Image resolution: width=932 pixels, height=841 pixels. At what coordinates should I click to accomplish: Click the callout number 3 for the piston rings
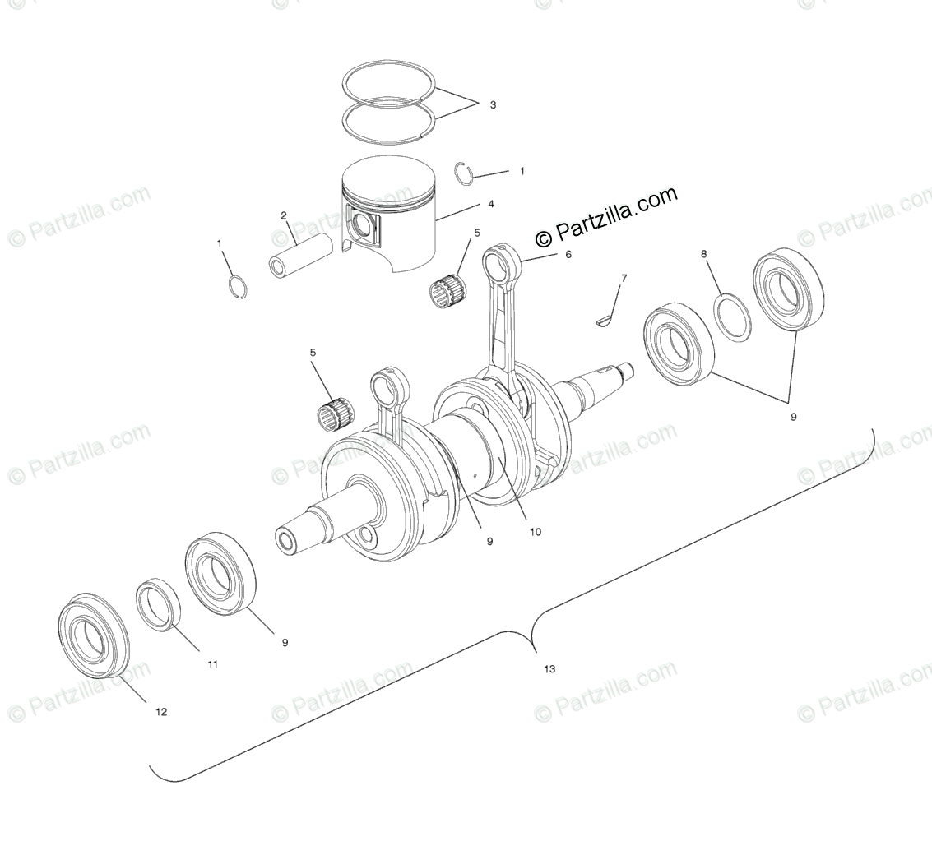coord(493,105)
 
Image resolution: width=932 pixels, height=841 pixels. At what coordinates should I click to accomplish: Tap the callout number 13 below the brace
coord(549,669)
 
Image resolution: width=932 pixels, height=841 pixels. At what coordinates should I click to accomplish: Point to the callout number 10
coord(535,532)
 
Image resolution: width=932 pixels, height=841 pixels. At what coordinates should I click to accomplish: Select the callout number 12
coord(161,712)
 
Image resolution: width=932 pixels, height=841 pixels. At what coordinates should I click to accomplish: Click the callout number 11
coord(212,664)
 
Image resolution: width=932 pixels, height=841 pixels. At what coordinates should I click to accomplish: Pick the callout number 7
coord(624,279)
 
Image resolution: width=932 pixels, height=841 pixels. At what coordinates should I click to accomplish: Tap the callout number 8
coord(703,254)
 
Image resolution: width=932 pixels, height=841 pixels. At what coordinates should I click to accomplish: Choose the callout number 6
coord(568,255)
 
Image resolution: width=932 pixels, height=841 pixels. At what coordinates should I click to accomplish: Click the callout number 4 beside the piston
coord(490,204)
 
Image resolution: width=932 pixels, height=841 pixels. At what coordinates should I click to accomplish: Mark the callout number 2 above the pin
coord(284,216)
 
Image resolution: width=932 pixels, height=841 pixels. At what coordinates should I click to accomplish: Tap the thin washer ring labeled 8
coord(730,317)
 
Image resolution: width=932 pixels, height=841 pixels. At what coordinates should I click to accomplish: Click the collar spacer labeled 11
coord(159,604)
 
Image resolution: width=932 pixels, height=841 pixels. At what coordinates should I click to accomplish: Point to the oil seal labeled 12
coord(95,634)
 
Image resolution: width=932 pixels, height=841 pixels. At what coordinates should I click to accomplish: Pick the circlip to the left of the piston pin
coord(237,287)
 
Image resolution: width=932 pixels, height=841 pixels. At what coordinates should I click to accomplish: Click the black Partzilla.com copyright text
coord(606,216)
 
